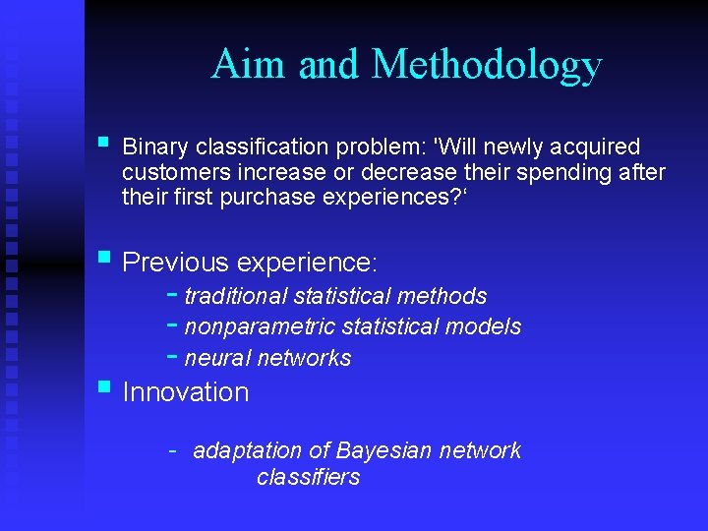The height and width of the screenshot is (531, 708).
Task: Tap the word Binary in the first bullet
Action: coord(155,147)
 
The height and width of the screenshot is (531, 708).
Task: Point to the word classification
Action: coord(263,147)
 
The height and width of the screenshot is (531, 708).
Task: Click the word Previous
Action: coord(176,263)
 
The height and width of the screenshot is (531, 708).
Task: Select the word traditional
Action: coord(236,296)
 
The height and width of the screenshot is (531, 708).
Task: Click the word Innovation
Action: coord(186,392)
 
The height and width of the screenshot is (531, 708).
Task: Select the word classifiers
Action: coord(308,478)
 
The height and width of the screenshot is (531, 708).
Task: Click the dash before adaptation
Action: coord(172,451)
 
